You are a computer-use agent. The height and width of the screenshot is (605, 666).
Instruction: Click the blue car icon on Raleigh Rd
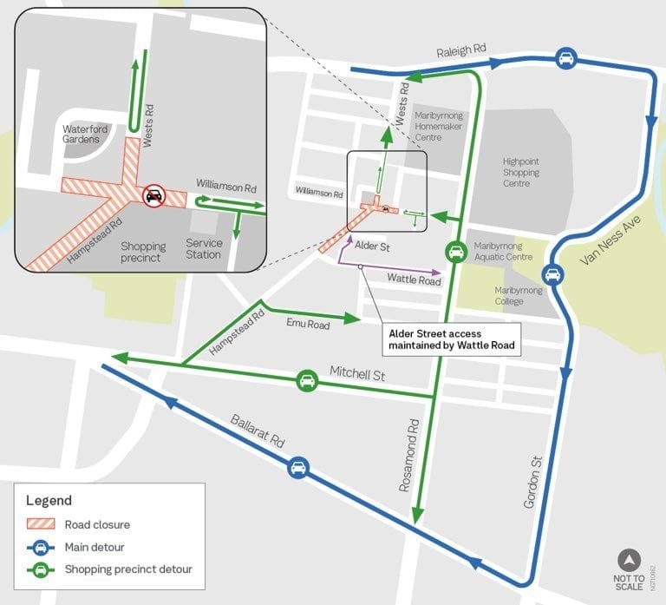(x=565, y=58)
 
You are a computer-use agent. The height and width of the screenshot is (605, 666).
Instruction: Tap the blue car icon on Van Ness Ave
(x=553, y=275)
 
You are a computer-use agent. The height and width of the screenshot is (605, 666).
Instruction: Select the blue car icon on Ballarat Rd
(x=297, y=467)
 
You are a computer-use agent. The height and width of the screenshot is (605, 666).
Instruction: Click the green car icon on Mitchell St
(x=306, y=380)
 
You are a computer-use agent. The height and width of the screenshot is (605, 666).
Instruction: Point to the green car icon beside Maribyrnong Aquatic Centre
(x=454, y=252)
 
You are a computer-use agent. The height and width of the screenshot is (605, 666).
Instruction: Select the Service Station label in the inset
(x=204, y=249)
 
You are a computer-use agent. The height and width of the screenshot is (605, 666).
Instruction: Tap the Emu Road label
(x=308, y=325)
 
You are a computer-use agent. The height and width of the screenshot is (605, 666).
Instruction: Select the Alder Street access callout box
(x=452, y=339)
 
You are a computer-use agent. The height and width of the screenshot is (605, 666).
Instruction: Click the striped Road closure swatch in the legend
(x=42, y=523)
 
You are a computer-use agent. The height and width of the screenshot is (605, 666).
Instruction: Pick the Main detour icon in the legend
(x=42, y=546)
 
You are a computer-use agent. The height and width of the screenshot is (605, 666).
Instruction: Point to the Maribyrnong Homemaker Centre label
(x=441, y=126)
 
